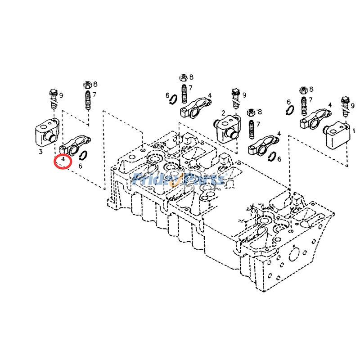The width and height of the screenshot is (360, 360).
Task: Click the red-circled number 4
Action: point(63,160)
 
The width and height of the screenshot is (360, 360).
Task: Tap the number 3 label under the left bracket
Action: point(40,152)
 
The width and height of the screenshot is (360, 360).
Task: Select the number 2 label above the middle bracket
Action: point(223,112)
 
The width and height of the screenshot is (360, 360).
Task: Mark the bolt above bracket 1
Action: point(345,103)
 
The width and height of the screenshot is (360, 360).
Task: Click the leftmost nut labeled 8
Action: point(87,84)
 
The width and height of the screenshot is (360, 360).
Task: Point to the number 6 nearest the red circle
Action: point(80,166)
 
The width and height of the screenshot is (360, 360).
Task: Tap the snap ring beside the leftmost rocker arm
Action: point(83,155)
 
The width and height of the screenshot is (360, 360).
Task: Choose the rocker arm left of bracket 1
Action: point(312,118)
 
